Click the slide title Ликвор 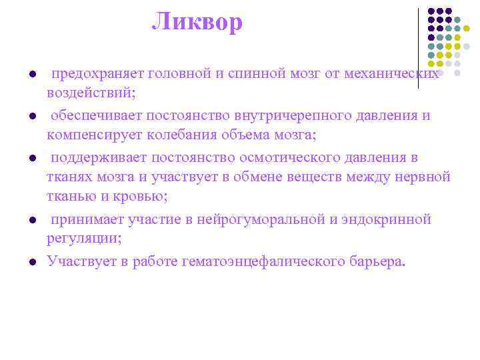point(197,23)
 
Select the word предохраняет point(99,73)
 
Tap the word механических point(391,73)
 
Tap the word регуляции point(80,238)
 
